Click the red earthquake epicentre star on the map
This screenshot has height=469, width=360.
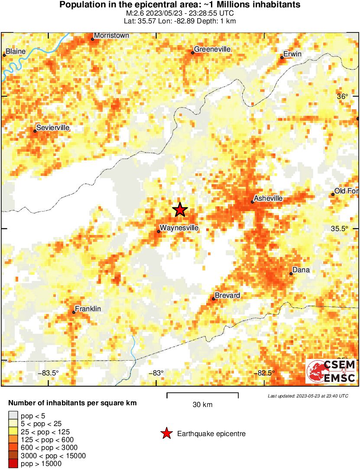[x=180, y=210]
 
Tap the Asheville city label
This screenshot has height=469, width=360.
[x=268, y=198]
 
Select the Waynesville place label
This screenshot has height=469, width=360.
[x=179, y=228]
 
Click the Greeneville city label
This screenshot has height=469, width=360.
[x=212, y=49]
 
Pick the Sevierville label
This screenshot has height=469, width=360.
[x=53, y=128]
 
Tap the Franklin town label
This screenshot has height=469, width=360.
[x=88, y=309]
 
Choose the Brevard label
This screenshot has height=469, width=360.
[x=227, y=296]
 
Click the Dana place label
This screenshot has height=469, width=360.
[x=301, y=270]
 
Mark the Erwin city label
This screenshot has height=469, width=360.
[x=292, y=54]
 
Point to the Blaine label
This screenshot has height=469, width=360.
[x=16, y=52]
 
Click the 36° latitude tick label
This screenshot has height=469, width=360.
[x=343, y=97]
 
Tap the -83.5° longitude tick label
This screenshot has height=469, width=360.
[x=49, y=373]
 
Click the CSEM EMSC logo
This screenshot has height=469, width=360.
[x=331, y=371]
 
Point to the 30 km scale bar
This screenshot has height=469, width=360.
[x=202, y=395]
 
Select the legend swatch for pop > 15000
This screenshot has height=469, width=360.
[x=13, y=464]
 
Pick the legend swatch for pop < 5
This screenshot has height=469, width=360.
[x=13, y=416]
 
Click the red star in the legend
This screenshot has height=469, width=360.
[x=166, y=433]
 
